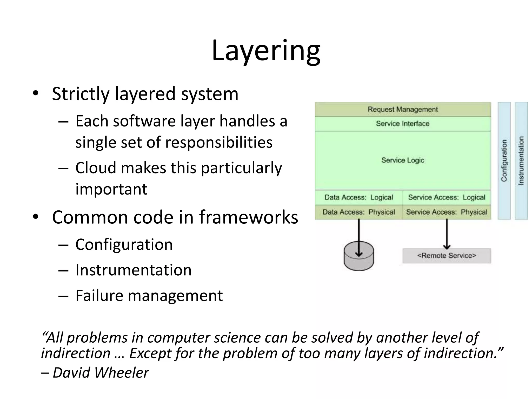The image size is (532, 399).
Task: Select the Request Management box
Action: [x=403, y=109]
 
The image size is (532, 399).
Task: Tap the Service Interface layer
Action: [x=403, y=124]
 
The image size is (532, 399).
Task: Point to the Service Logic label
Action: [x=403, y=160]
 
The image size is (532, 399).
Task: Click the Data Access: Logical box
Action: [x=358, y=197]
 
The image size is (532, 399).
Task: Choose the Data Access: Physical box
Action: [x=358, y=212]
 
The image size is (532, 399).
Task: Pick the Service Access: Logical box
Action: [x=447, y=197]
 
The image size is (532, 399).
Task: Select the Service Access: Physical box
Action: [x=447, y=212]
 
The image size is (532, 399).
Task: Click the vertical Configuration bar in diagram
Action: [x=504, y=161]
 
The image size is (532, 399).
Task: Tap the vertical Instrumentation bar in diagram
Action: [x=521, y=161]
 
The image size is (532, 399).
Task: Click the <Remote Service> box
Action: [x=447, y=256]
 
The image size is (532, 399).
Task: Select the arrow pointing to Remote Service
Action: [x=447, y=234]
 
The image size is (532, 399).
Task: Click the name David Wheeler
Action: [x=101, y=373]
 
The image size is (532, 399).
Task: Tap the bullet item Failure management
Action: [x=149, y=295]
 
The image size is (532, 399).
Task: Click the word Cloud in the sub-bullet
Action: [x=96, y=168]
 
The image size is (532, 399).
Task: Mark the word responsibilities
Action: [x=219, y=142]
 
